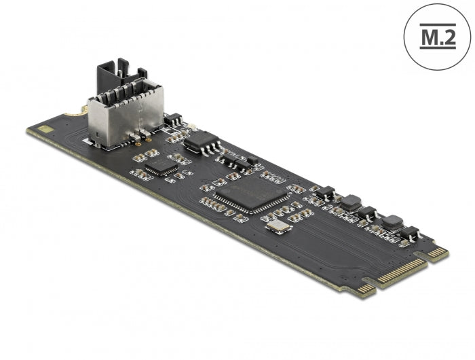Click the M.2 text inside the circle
pyautogui.click(x=438, y=37)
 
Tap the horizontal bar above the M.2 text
pyautogui.click(x=438, y=24)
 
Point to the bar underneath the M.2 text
pyautogui.click(x=438, y=48)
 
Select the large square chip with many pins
pyautogui.click(x=251, y=194)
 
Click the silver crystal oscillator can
pyautogui.click(x=278, y=226)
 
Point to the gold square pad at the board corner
pyautogui.click(x=46, y=129)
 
